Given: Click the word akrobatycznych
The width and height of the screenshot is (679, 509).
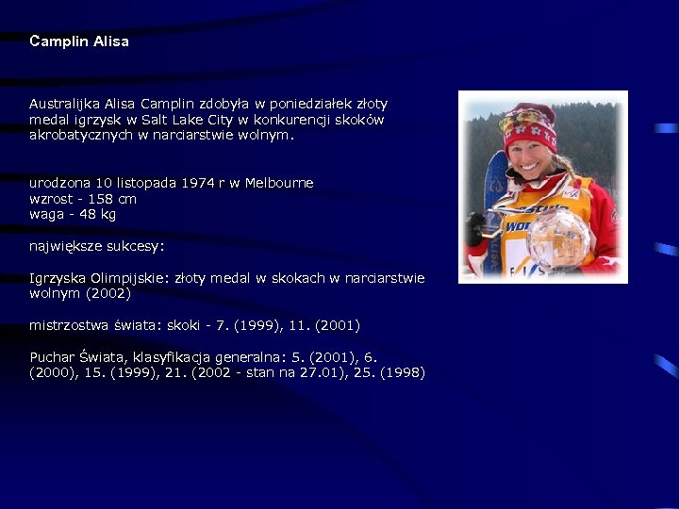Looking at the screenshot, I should coord(81,135).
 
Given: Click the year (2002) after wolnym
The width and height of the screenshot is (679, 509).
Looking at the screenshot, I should coord(108,294).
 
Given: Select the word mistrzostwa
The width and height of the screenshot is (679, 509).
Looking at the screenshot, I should coord(68,325).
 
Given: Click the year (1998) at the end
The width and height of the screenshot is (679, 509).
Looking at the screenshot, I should coord(403,373).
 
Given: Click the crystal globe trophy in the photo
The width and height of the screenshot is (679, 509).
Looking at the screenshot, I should coord(557,238).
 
